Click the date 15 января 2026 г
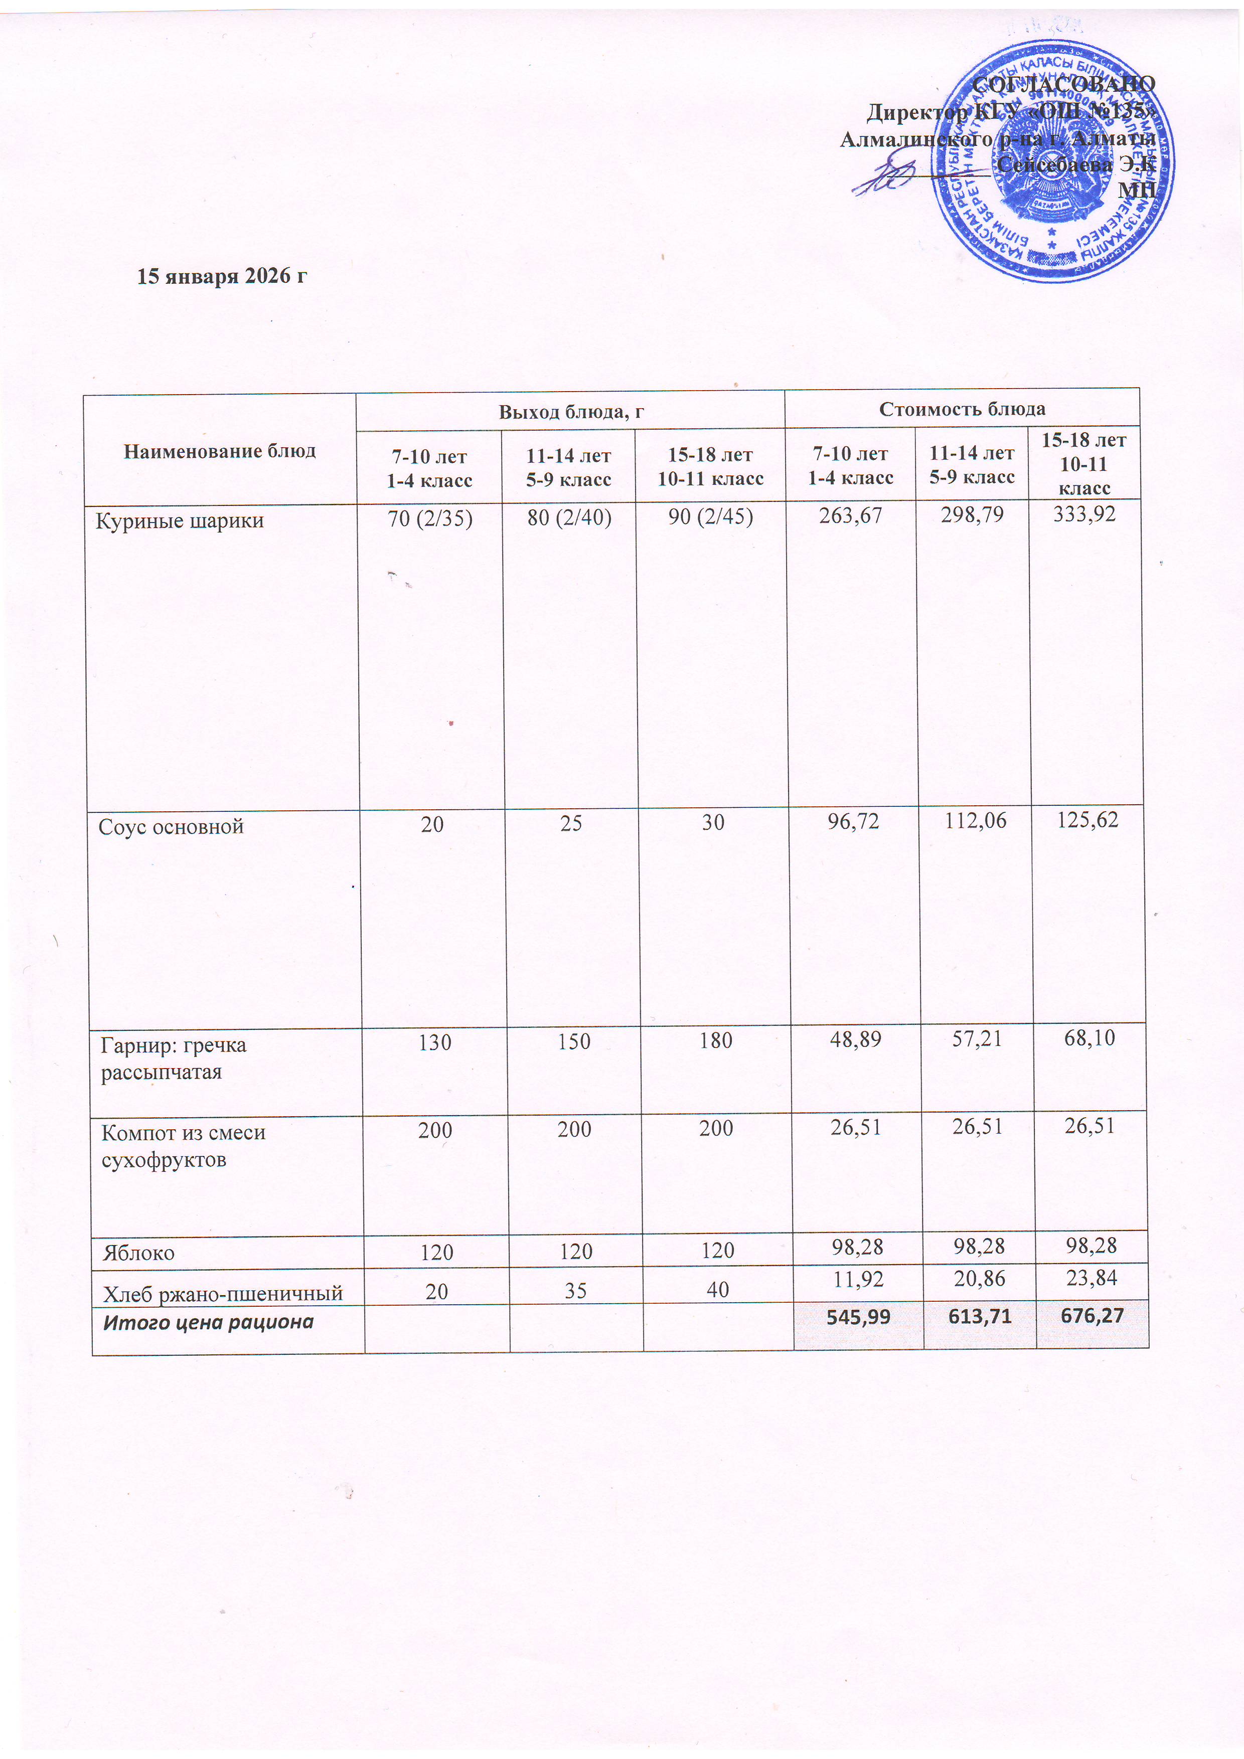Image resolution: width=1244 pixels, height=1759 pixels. [222, 276]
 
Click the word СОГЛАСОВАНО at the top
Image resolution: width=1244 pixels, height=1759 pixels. [1063, 84]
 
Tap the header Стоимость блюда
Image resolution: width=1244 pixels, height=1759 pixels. [962, 408]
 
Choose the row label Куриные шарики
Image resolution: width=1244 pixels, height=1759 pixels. [180, 521]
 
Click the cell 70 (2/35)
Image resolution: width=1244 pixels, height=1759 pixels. [429, 518]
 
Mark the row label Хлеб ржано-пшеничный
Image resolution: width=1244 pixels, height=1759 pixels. [222, 1294]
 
